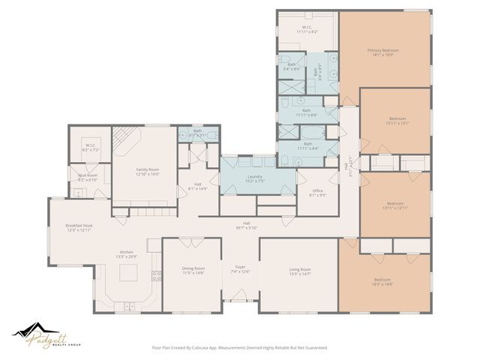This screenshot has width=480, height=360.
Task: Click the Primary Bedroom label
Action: point(382,51)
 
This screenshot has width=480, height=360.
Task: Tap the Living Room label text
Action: point(300,271)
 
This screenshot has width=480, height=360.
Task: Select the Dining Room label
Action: point(193,268)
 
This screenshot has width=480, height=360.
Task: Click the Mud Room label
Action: point(88,176)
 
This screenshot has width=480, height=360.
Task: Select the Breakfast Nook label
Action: point(78,226)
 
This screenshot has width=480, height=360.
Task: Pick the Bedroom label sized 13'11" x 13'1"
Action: point(397,122)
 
